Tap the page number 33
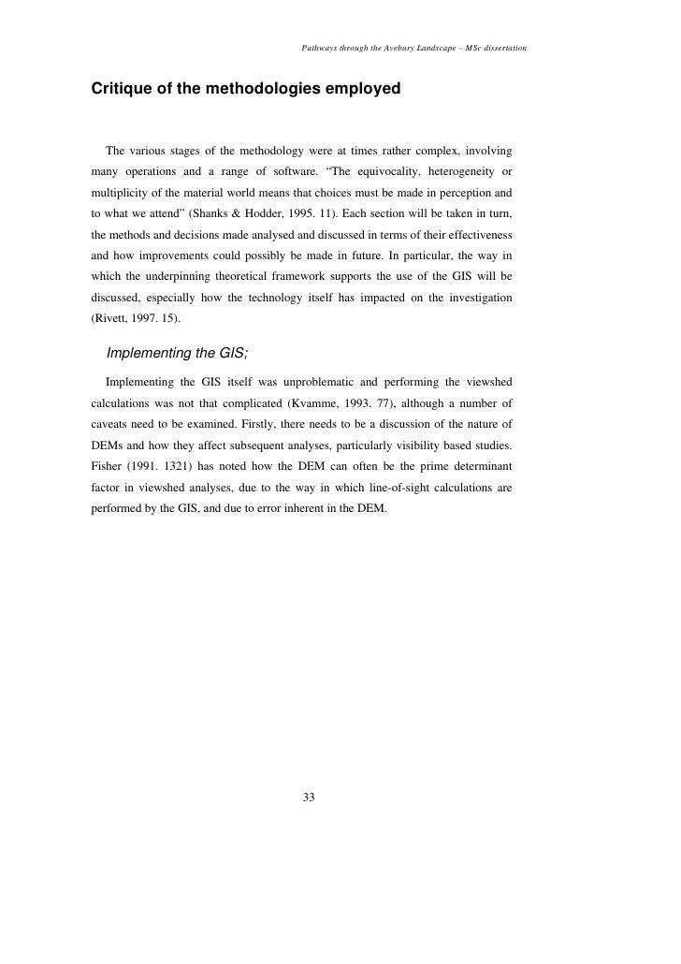click(310, 797)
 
